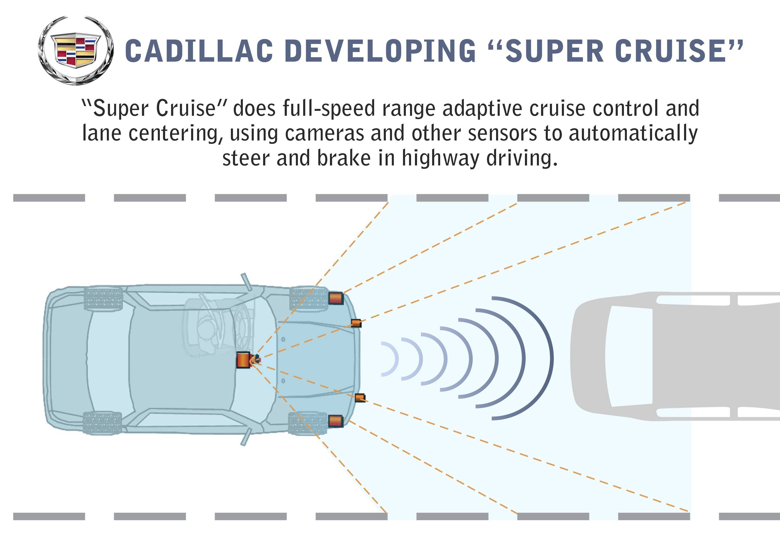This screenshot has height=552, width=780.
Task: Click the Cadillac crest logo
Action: point(75,50)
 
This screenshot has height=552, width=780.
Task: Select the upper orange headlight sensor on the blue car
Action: point(336,298)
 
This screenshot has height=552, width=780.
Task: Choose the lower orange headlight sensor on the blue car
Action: point(336,421)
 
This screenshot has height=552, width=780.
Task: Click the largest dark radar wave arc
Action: point(552,358)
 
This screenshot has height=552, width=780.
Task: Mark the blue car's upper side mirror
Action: point(247,282)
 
